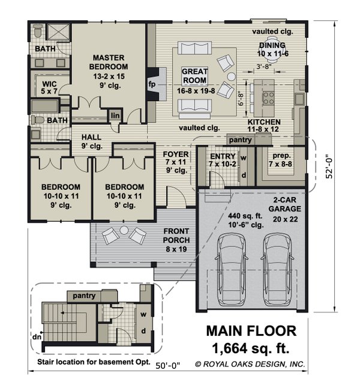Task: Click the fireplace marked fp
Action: point(157,84)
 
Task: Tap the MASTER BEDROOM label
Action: point(109,62)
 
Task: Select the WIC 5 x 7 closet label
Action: point(49,87)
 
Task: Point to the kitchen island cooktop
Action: point(268,98)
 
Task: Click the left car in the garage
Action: point(232,270)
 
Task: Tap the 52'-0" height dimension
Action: point(329,166)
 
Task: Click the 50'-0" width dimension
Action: point(168,366)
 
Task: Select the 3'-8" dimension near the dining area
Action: point(264,67)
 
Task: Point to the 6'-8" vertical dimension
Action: point(241,99)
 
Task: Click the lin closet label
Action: point(115,115)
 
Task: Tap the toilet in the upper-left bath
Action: point(38,31)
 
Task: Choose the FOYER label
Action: point(176,154)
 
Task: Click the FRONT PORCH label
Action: point(176,235)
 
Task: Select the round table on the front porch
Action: point(124,231)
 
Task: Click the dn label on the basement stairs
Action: point(37,337)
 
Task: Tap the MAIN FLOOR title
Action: point(251,331)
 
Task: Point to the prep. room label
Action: point(281,156)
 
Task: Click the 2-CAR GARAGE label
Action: point(285,204)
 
